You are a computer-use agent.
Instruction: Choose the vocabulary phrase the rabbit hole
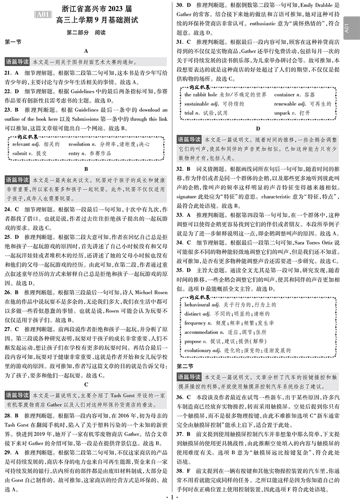203,94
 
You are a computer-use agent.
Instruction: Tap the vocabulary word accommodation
201,332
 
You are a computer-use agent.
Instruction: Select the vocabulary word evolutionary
199,350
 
